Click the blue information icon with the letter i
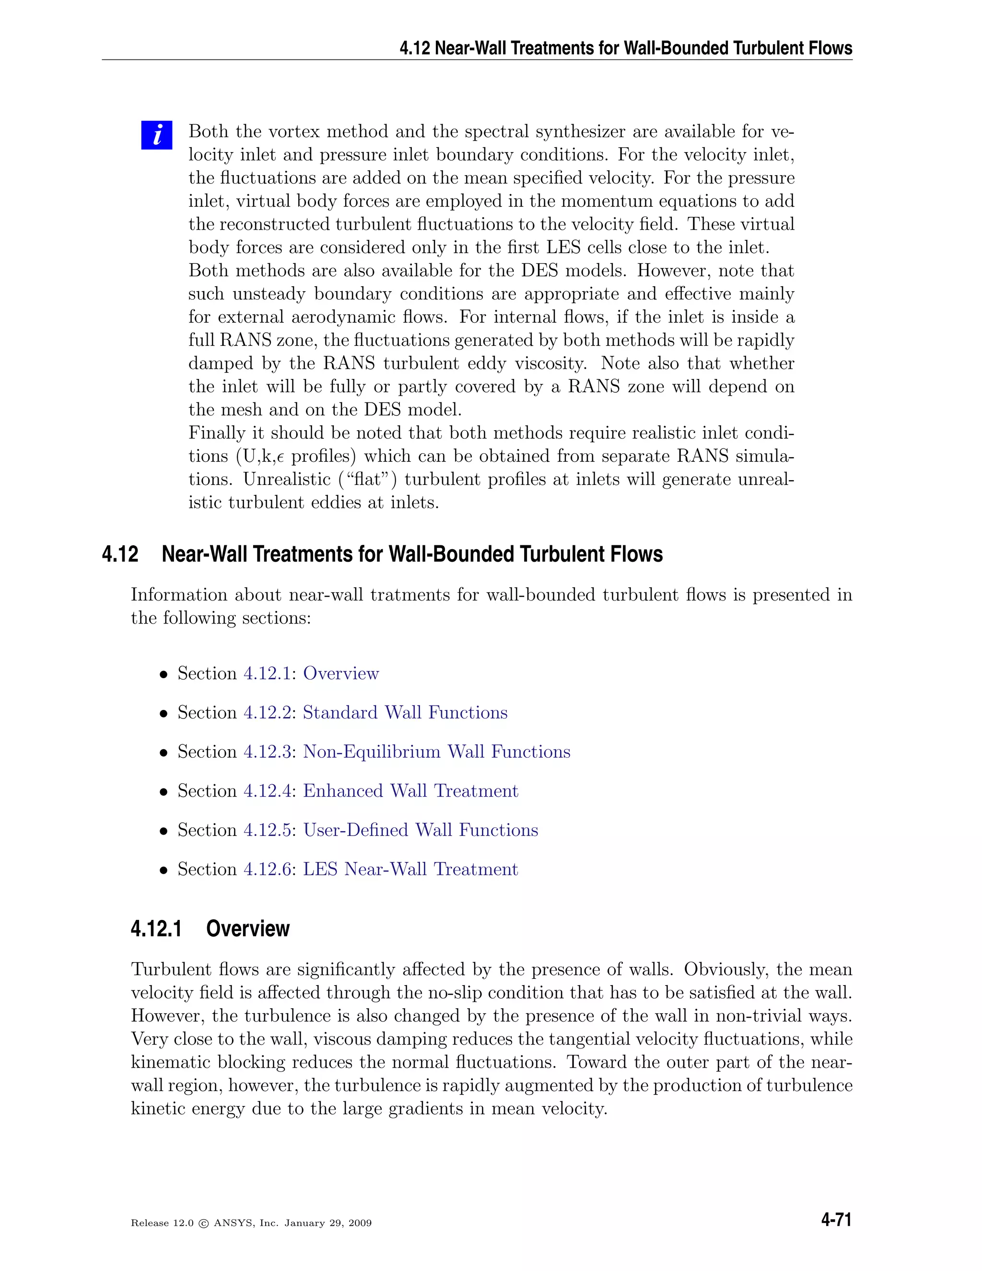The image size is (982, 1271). (x=156, y=135)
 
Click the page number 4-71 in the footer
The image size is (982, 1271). (x=836, y=1220)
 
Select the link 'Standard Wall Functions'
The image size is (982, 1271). (x=405, y=712)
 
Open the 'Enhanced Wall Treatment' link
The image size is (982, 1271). (x=410, y=790)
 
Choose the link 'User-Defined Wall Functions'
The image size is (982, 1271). (x=421, y=829)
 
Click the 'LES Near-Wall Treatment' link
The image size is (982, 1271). (x=410, y=869)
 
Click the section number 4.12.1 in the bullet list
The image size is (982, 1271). (x=267, y=673)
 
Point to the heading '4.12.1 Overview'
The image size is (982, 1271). (x=210, y=928)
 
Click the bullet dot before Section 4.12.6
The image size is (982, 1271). (x=164, y=870)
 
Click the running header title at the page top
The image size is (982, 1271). (x=625, y=47)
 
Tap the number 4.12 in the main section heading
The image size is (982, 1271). (x=120, y=554)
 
